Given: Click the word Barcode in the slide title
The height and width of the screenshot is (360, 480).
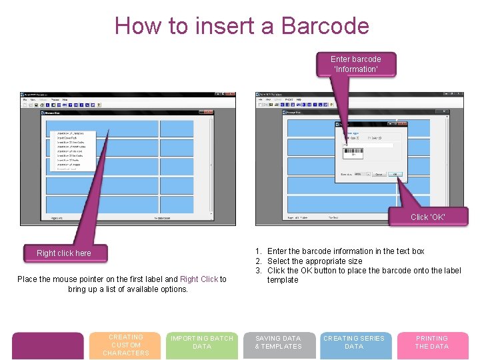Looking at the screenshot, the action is [x=325, y=26].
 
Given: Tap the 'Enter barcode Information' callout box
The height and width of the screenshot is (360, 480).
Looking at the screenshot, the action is [x=356, y=64].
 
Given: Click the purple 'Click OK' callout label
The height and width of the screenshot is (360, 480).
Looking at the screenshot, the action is [x=428, y=217].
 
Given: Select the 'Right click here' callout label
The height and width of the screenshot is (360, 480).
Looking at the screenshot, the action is [x=64, y=253].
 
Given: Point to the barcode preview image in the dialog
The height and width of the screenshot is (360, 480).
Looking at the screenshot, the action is [x=353, y=152].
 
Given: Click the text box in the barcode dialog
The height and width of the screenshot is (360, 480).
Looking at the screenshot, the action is [x=368, y=145].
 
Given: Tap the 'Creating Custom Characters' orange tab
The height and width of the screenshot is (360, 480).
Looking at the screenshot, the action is [x=126, y=345].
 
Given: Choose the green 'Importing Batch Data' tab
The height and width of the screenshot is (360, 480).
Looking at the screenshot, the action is [x=202, y=343].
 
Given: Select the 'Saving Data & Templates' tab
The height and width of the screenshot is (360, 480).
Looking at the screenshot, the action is [x=278, y=343].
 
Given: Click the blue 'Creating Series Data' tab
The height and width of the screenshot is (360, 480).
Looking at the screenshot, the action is [x=354, y=343].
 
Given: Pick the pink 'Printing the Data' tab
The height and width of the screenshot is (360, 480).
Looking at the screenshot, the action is [x=432, y=343].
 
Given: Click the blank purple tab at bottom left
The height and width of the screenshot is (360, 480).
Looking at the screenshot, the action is [x=48, y=345].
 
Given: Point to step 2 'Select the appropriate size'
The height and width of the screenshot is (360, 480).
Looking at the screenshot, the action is [x=315, y=261].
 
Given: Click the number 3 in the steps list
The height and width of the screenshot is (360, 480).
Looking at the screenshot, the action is [x=258, y=270].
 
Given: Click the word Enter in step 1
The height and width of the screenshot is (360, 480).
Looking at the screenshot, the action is [x=277, y=251].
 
